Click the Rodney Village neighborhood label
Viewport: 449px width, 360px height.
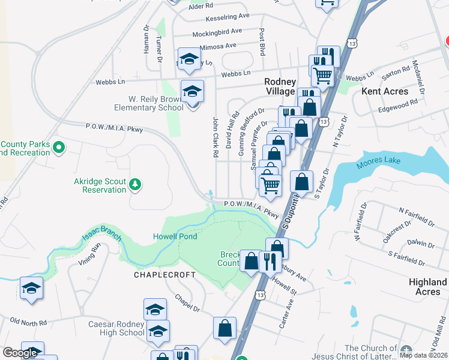tap(280, 86)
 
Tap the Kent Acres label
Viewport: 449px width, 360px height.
tap(385, 91)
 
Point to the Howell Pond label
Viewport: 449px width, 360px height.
tap(175, 236)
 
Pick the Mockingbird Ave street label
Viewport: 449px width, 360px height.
tap(215, 31)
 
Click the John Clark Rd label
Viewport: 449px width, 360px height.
tap(215, 137)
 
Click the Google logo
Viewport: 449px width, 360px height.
tap(19, 353)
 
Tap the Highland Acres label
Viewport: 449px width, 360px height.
tap(427, 286)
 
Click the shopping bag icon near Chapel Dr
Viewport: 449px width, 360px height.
tap(224, 329)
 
